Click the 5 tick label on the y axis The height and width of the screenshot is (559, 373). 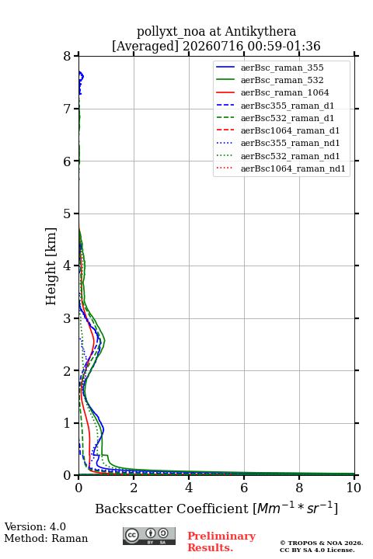coord(67,214)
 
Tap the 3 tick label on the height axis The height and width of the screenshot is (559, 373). coord(67,318)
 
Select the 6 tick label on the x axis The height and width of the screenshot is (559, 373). coord(244,488)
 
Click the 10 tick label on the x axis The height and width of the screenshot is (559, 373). coord(354,488)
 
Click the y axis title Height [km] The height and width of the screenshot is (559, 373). coord(51,266)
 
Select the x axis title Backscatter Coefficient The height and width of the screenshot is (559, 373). coord(172,509)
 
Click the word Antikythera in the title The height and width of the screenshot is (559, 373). coord(260,31)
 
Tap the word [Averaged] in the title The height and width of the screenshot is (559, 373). coord(145,46)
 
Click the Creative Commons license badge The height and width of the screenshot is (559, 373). coord(149,536)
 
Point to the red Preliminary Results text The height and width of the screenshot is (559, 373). coord(221,542)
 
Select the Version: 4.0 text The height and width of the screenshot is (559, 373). coord(35,526)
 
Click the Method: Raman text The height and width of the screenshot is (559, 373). coord(46,538)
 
